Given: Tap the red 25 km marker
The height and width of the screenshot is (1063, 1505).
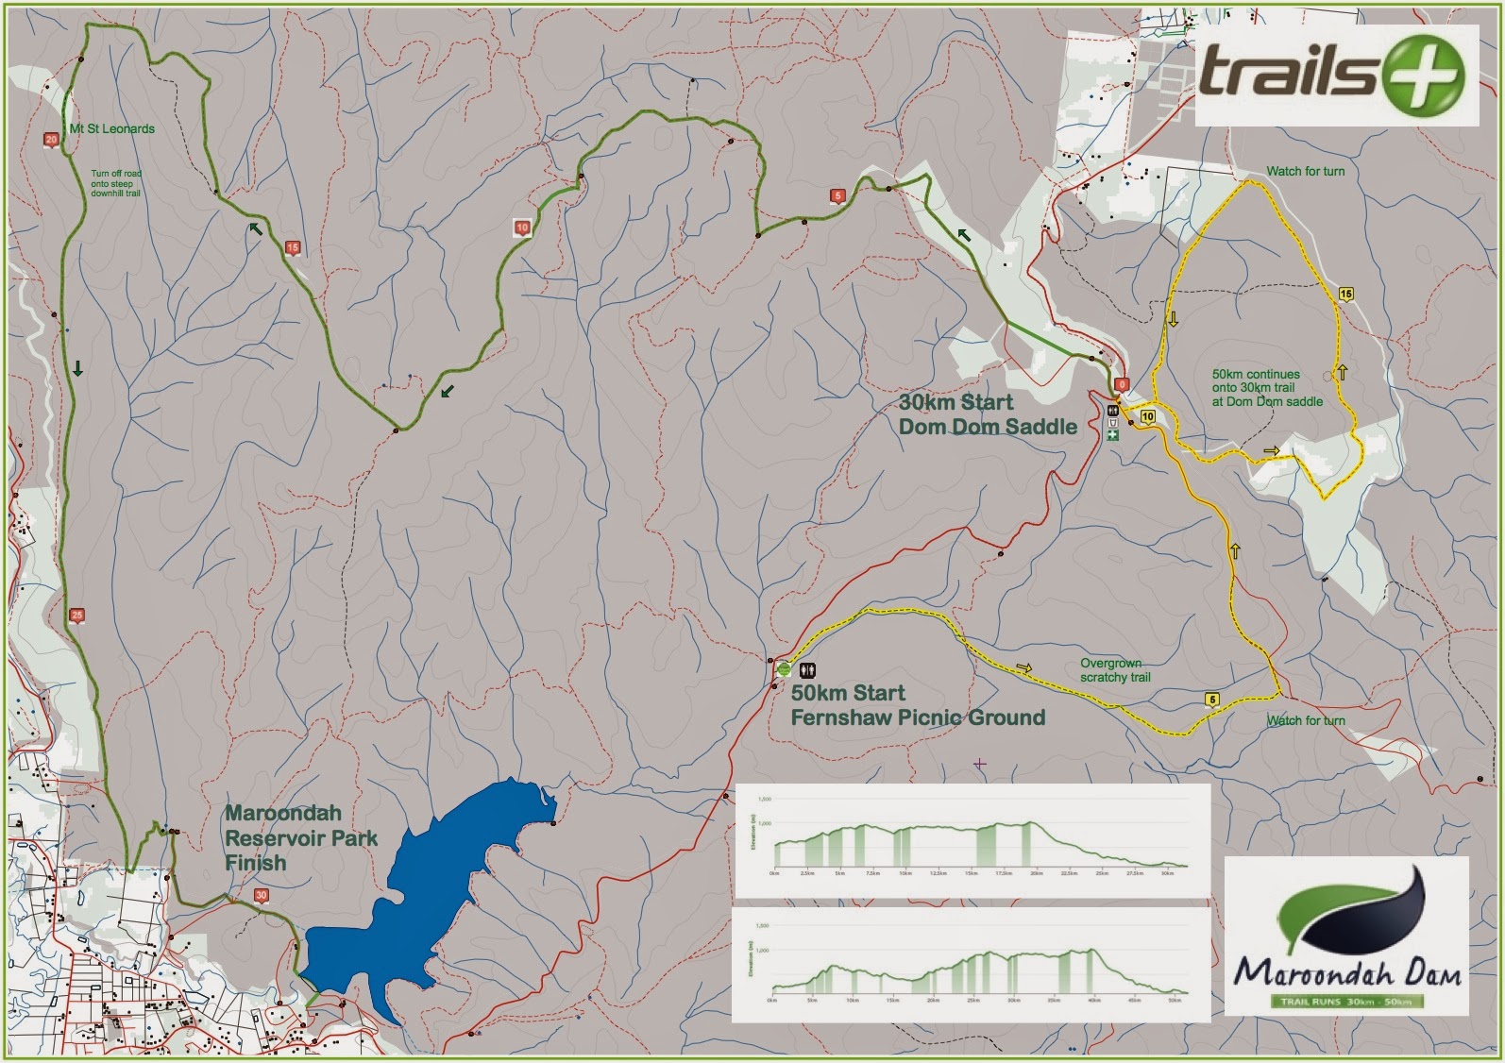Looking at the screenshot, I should pos(77,616).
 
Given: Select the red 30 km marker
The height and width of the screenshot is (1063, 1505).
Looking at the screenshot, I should pos(262,896).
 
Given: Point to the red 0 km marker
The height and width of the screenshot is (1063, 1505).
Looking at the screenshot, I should pos(1122,384).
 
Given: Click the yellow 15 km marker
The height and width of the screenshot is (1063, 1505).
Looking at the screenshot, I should pos(1346,294).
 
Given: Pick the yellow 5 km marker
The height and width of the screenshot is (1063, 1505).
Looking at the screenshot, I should pos(1212,700).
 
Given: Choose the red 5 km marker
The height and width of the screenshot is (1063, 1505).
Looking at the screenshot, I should pos(837,196).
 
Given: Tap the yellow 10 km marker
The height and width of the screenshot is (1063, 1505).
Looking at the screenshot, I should pos(1148,416).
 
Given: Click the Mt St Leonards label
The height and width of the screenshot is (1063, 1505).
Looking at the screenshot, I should pos(111,129).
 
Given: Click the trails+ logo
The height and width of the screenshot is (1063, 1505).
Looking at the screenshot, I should pos(1335,76).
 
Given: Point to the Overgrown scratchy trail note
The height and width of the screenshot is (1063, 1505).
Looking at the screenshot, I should pos(1115,670).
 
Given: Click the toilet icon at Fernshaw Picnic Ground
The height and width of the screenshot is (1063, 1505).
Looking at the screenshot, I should pos(807,670).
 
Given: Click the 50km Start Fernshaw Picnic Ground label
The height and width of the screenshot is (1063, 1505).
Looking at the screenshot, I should pos(918,705).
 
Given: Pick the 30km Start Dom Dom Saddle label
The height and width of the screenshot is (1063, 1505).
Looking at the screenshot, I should pos(987,414).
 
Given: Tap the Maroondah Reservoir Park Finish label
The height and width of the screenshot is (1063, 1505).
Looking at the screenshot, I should pos(300,837).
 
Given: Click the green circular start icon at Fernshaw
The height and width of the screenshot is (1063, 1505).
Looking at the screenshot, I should pos(784,669).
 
